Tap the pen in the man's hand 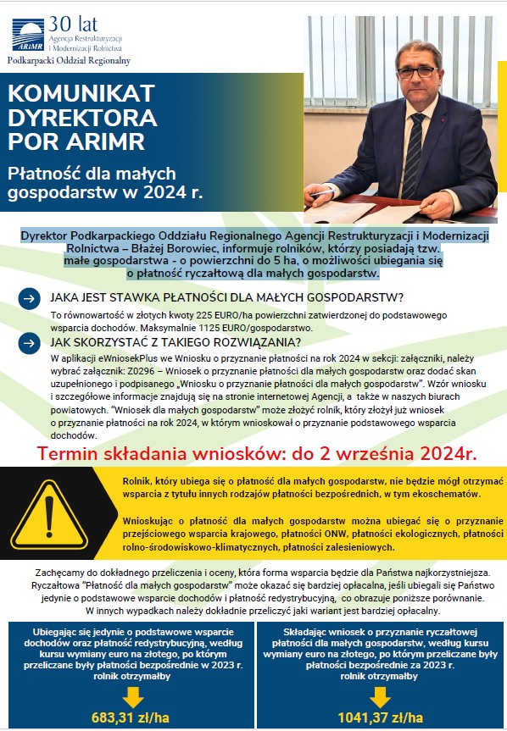point(322,194)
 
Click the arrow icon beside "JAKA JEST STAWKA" point(28,298)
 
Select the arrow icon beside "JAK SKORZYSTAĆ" point(28,343)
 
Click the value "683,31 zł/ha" point(130,718)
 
